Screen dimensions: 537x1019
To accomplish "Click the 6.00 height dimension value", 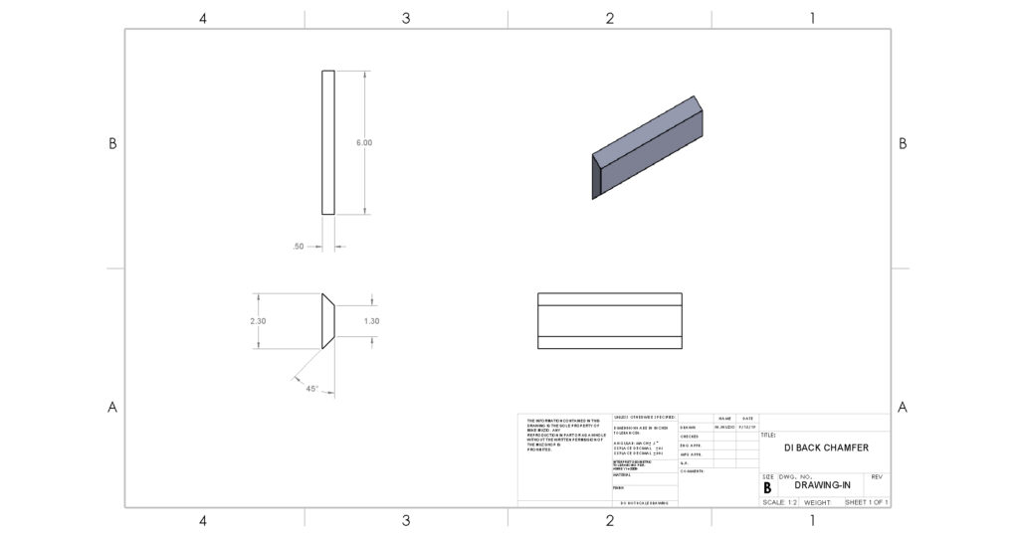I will pos(364,143).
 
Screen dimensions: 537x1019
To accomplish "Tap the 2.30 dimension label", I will pos(257,321).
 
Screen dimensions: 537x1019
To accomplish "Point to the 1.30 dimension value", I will pos(371,321).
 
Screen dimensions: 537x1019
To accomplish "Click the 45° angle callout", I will pos(312,389).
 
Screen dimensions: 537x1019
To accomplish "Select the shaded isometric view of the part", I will pos(648,147).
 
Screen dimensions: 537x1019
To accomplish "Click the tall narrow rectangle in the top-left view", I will pos(328,143).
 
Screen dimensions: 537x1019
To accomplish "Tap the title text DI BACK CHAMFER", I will pos(826,447).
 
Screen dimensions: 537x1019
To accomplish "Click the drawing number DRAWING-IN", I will pos(822,485).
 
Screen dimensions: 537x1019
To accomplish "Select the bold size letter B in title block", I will pos(767,488).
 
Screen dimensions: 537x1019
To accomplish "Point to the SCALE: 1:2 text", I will pos(780,502).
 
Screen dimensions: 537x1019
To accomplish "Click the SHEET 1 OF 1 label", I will pos(866,502).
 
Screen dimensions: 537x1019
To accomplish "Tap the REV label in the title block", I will pos(876,476).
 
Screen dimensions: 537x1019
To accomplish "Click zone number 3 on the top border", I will pos(405,18).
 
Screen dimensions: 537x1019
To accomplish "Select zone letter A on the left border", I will pos(112,407).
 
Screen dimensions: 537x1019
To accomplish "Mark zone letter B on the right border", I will pos(903,143).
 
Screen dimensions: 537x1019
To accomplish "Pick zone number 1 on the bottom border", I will pos(812,520).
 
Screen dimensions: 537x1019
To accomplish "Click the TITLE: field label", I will pos(768,435).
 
